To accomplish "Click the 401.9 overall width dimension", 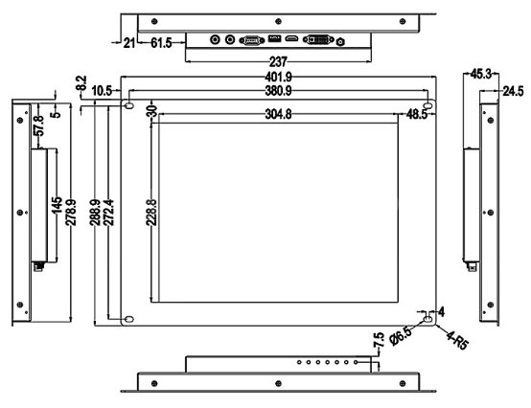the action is click(278, 78).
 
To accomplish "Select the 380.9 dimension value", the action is click(278, 91).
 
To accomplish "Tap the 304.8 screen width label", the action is click(278, 114).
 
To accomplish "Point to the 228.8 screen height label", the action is click(151, 213).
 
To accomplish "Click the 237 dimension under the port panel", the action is click(278, 62).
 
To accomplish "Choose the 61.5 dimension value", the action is click(161, 43).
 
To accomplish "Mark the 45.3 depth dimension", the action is click(481, 74).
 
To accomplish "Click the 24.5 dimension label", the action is click(513, 91).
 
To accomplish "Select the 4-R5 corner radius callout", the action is click(457, 340).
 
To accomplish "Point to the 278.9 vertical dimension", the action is click(71, 213).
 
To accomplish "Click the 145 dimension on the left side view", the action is click(57, 205).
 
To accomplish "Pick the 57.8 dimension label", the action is click(39, 125).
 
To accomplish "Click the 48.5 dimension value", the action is click(417, 115).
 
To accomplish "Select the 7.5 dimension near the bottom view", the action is click(379, 340).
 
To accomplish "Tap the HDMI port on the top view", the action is click(291, 39).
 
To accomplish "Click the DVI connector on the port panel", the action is click(318, 40).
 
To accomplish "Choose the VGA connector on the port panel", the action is click(252, 40).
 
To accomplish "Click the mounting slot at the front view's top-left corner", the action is click(129, 105).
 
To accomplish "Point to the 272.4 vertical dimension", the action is click(108, 213).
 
